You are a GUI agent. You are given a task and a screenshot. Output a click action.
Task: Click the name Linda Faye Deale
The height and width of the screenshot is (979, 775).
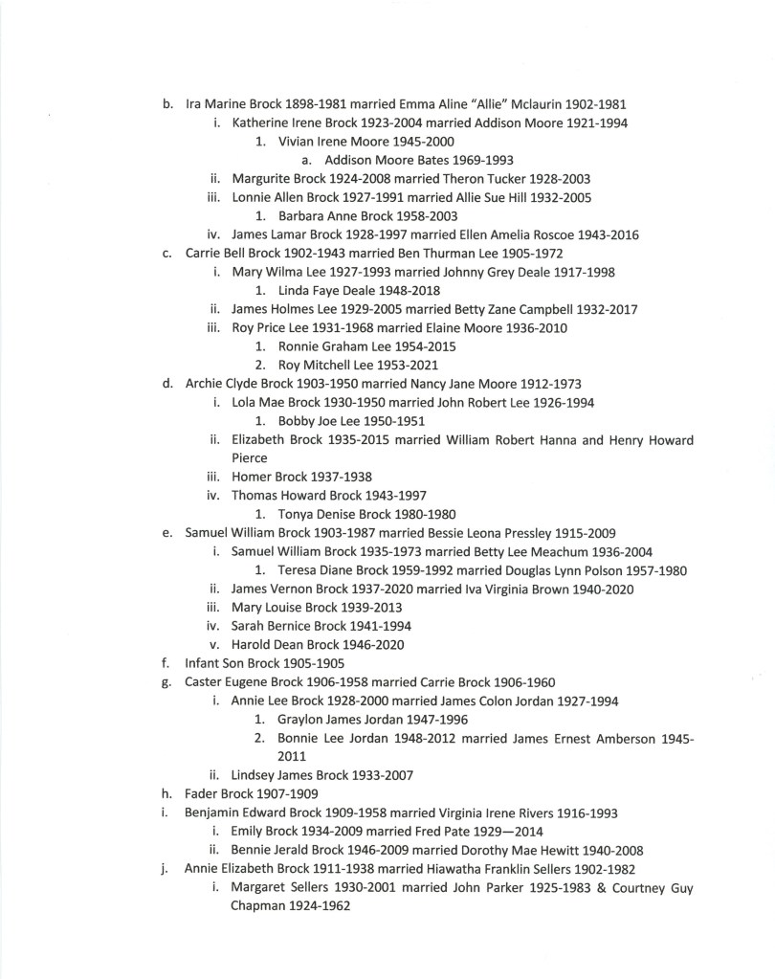tap(325, 291)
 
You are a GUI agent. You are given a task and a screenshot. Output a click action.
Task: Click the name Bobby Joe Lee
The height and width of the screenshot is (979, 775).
tap(319, 421)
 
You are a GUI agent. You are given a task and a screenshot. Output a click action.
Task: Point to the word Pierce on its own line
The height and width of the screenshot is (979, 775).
tap(250, 458)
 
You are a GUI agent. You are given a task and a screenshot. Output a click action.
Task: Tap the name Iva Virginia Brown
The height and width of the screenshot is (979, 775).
tap(515, 590)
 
